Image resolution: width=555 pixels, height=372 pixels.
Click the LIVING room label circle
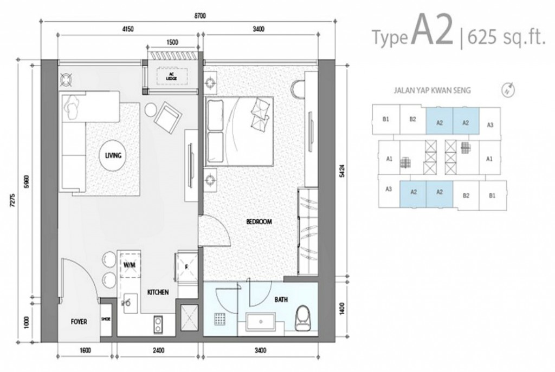(x=113, y=155)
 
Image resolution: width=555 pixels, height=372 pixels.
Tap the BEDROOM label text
(x=259, y=221)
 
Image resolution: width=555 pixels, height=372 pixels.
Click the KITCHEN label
(x=158, y=292)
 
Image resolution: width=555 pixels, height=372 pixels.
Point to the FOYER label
(x=79, y=321)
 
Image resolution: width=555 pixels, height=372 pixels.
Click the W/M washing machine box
(x=129, y=265)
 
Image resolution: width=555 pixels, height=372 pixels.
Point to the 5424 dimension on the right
(x=340, y=169)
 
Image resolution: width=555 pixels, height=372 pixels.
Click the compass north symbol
(x=507, y=90)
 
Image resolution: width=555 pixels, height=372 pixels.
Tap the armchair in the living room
(x=165, y=116)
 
